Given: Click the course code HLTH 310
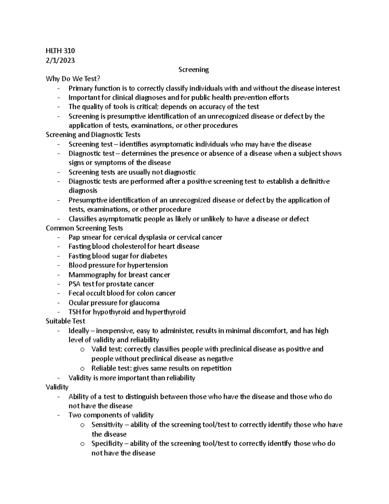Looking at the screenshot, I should coord(60,51).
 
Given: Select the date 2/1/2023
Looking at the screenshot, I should coord(60,60).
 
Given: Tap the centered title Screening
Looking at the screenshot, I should coord(194,69).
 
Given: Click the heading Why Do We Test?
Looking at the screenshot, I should coord(73,79).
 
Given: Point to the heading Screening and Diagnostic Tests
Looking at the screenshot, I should coord(93,134).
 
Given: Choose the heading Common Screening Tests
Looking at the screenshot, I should coord(84,228).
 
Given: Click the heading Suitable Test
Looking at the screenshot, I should coord(65,321).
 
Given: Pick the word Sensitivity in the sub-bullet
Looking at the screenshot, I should coord(107,425).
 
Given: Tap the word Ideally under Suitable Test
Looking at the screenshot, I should coord(78,331).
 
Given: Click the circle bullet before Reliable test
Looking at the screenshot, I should coord(82,369).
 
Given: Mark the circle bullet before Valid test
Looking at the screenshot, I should coord(82,350).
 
